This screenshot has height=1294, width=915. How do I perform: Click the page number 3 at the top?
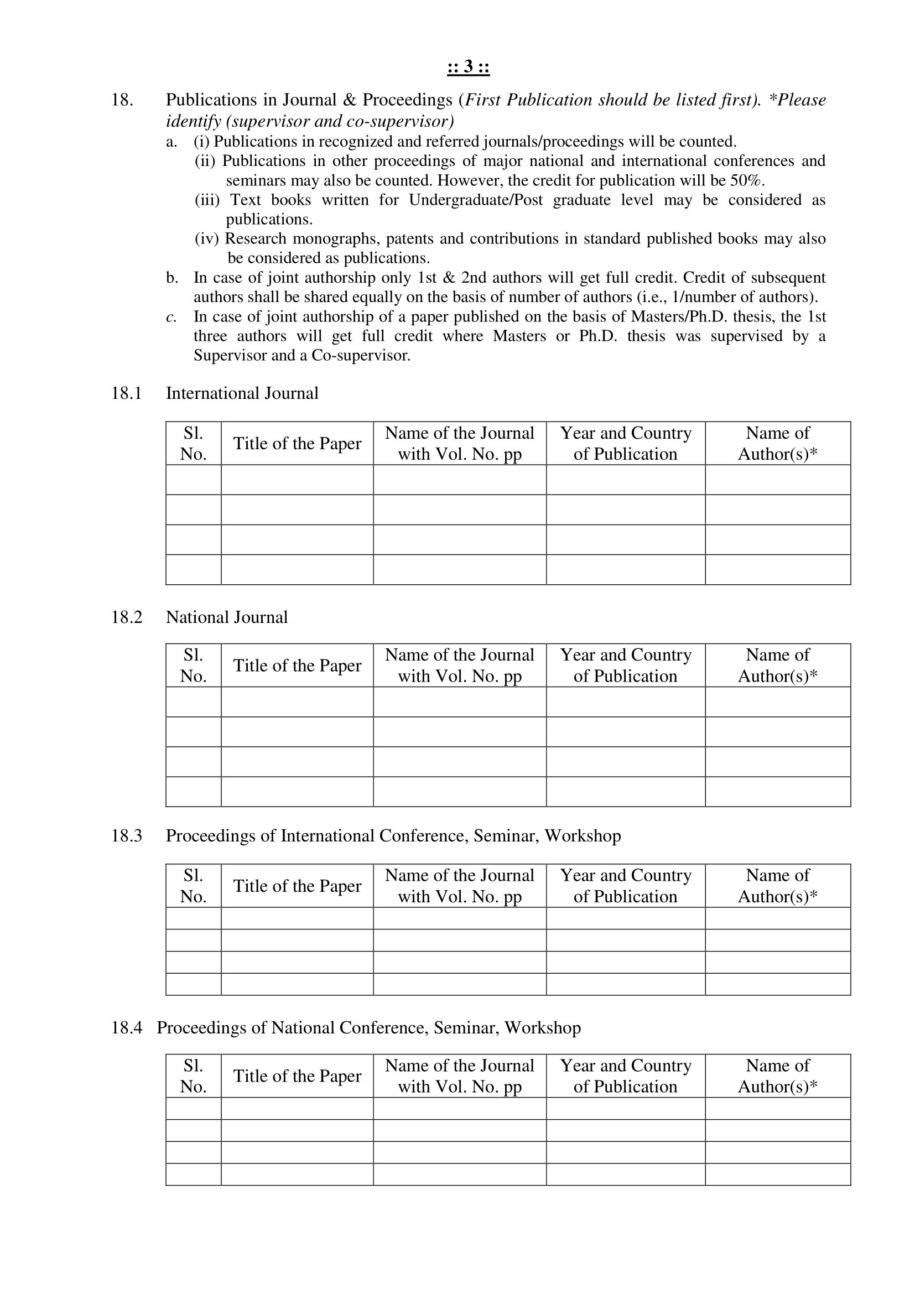468,67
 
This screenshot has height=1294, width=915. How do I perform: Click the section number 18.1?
126,393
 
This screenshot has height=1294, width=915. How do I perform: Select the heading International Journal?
242,393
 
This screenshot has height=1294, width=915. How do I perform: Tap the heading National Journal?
226,617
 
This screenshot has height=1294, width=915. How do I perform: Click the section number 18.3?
126,835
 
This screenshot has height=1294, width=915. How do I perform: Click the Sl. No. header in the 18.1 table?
193,444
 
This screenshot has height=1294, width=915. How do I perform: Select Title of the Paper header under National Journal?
297,666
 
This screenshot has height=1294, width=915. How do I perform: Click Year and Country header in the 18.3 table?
626,885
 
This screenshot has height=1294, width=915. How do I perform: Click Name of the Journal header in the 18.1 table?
459,444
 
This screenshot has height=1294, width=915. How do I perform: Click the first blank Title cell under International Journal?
297,480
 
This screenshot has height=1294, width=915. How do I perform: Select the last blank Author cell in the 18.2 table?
777,791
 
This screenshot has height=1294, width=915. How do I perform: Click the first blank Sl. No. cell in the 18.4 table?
193,1109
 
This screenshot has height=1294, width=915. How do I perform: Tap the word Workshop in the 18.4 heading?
542,1027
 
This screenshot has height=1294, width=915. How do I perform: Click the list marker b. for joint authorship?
172,278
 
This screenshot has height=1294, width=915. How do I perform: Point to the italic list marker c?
171,317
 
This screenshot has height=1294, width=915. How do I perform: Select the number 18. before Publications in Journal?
122,100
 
